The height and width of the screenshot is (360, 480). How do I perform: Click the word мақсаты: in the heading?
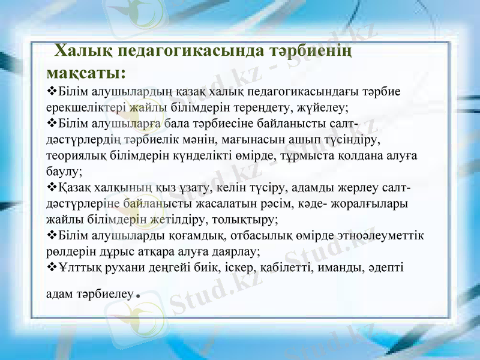click(86, 73)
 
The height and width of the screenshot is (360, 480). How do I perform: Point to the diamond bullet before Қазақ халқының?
click(50, 188)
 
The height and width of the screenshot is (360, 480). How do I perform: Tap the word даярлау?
click(237, 251)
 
